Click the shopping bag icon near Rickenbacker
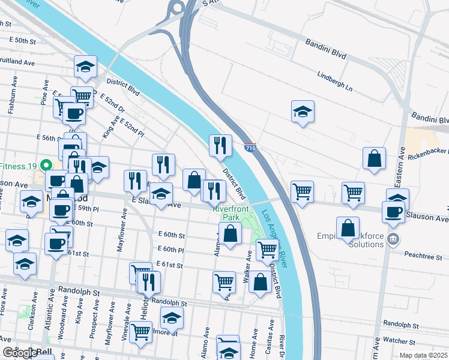point(374,158)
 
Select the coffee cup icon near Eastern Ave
point(394,212)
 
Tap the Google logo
point(20,353)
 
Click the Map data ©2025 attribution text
point(423,355)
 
